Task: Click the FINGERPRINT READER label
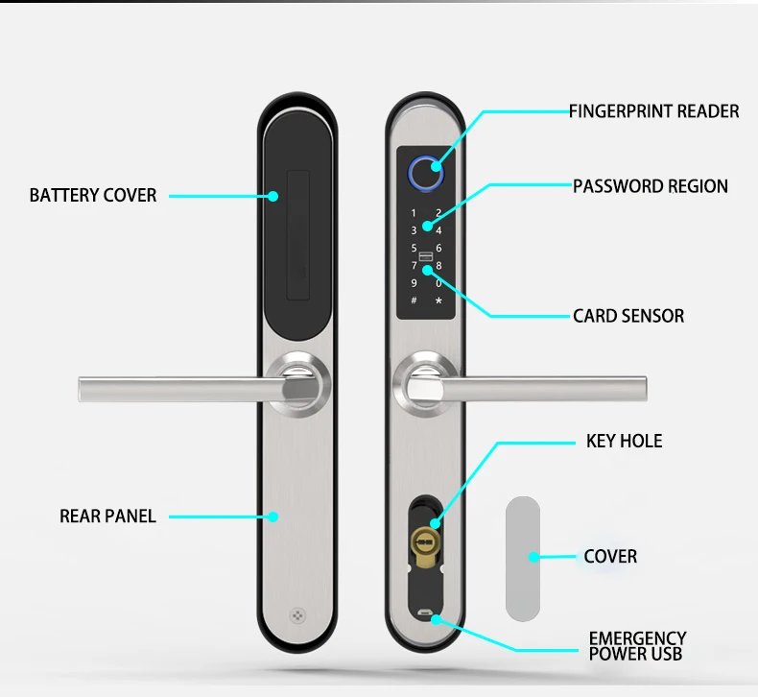[653, 111]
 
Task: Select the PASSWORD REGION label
[650, 186]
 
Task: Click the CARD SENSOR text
[628, 315]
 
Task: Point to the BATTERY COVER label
[93, 195]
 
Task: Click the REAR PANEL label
[107, 517]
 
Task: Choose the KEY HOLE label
[624, 442]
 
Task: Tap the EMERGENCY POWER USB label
[637, 646]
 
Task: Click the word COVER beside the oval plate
[610, 557]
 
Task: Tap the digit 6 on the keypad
[438, 248]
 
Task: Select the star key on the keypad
[438, 300]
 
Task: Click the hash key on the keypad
[414, 300]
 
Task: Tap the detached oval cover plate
[524, 555]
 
